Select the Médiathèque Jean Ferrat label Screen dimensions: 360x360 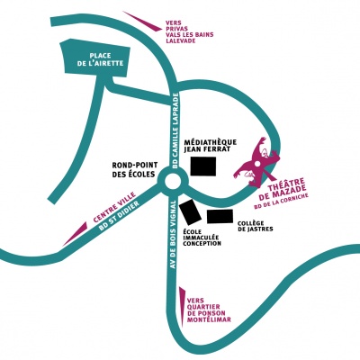(211, 146)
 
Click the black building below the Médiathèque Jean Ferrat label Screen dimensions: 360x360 (203, 166)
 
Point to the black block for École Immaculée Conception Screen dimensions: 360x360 (190, 212)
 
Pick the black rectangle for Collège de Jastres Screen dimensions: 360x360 (220, 216)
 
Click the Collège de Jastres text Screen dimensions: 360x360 (256, 226)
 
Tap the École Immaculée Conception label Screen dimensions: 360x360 (202, 238)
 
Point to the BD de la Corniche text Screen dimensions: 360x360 (281, 202)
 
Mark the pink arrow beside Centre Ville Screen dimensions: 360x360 (75, 234)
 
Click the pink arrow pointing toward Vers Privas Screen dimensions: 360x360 (142, 21)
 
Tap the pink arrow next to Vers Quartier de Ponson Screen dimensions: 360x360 (182, 307)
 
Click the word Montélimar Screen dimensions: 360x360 (209, 319)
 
